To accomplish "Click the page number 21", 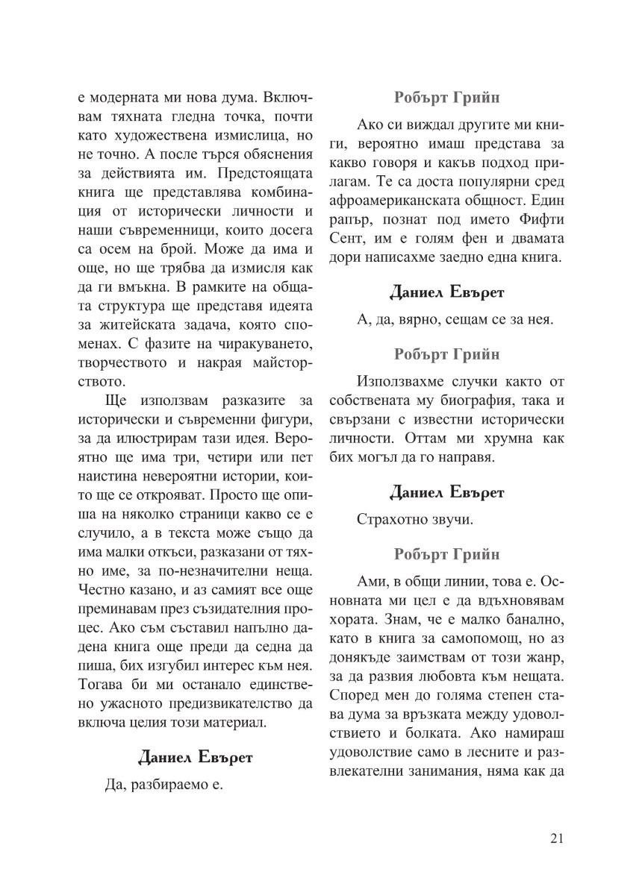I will tap(555, 838).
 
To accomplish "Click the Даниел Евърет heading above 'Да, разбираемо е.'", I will tap(196, 757).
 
